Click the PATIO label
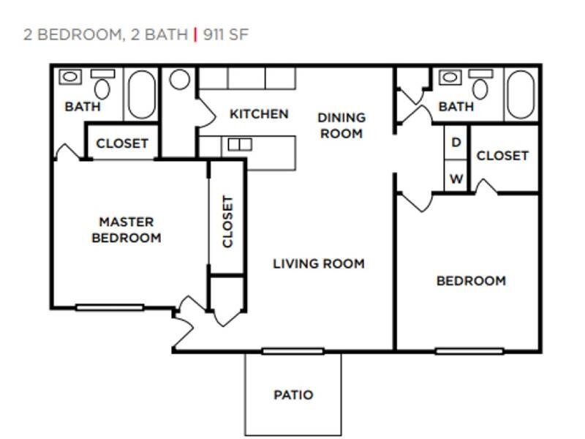pos(293,395)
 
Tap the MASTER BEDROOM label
pos(127,230)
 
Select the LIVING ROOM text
pos(318,263)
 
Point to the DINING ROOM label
pos(341,125)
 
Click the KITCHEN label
pos(259,114)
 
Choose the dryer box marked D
pos(456,143)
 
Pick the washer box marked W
pos(456,179)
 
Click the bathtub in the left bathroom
pos(142,94)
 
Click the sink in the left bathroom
pos(70,76)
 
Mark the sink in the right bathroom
pos(449,76)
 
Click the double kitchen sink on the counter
pos(239,145)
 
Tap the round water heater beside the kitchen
pos(180,80)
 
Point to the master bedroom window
pos(110,307)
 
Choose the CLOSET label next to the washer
pos(502,156)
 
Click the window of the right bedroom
pos(469,351)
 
